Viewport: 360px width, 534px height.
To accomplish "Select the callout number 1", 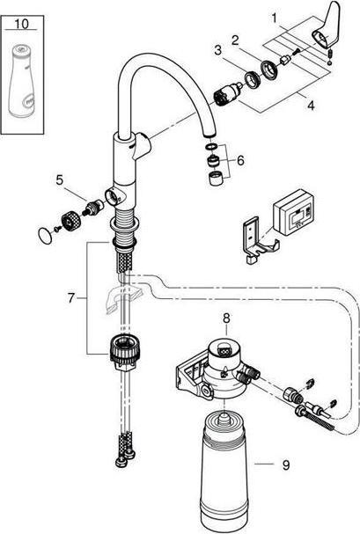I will pyautogui.click(x=275, y=16).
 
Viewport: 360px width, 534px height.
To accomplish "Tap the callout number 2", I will pyautogui.click(x=234, y=39).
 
